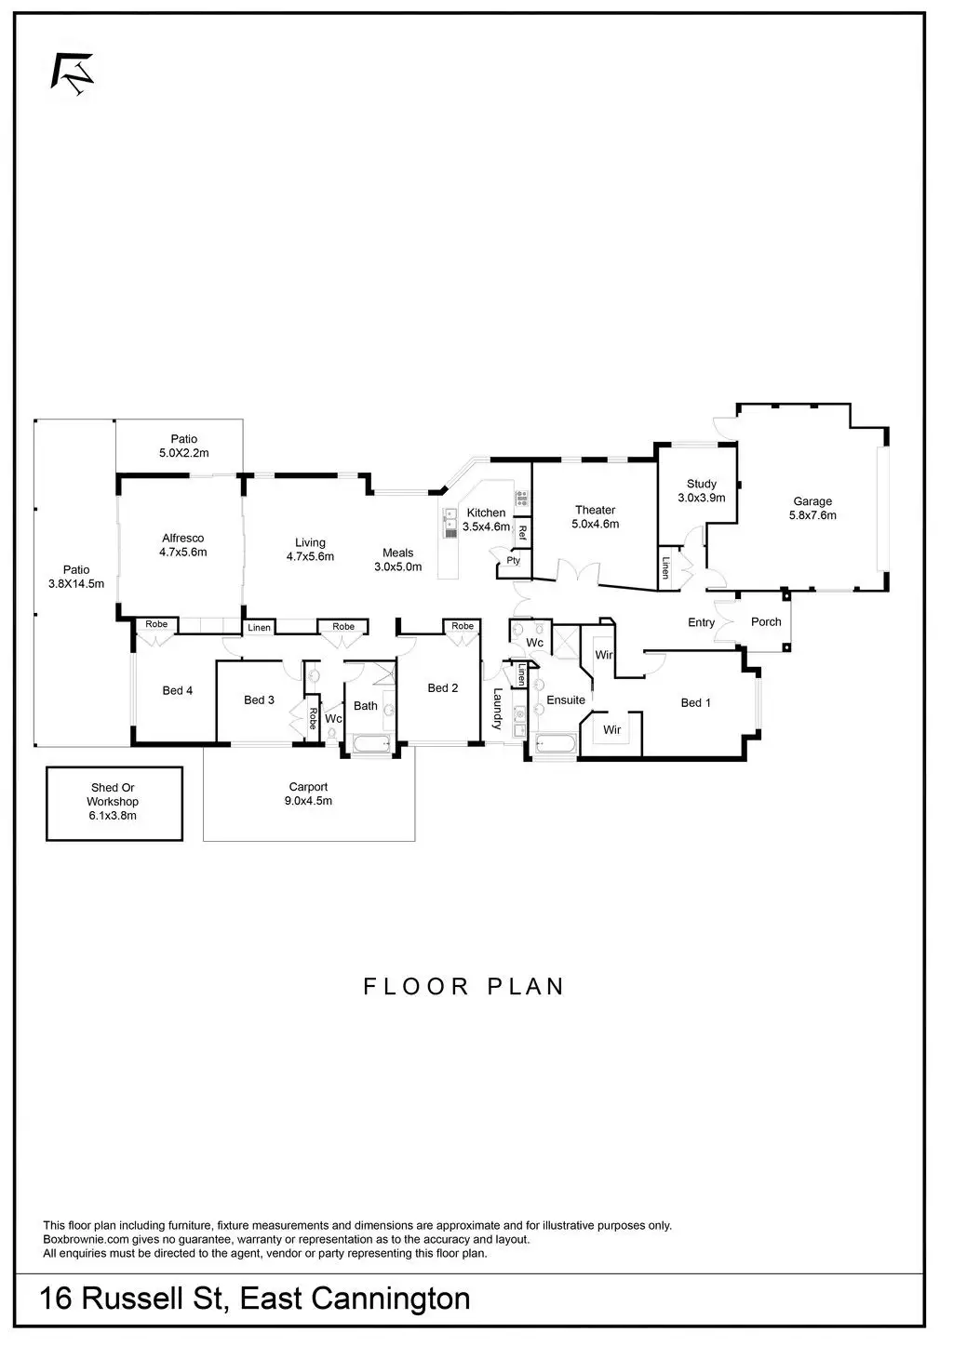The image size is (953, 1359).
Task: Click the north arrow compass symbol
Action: pos(73,73)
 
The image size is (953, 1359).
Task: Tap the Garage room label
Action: pos(812,501)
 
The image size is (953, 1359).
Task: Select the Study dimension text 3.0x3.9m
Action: pos(701,498)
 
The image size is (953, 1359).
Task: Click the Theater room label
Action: pos(595,510)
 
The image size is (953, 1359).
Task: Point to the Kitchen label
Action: pos(486,513)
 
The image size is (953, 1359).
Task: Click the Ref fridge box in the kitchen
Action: pos(523,533)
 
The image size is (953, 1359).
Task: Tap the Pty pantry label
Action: pos(514,561)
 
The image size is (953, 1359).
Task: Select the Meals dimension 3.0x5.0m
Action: pos(398,566)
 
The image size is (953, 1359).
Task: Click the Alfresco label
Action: pos(182,538)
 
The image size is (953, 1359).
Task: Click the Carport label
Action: pos(308,787)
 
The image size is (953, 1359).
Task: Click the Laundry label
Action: pos(498,708)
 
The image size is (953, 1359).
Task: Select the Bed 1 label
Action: pos(695,702)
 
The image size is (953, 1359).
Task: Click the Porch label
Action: pos(766,621)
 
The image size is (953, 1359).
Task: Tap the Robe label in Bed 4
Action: pos(156,624)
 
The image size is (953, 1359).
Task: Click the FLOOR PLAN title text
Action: pos(463,986)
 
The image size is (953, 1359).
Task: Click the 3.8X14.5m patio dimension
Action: pos(76,584)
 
